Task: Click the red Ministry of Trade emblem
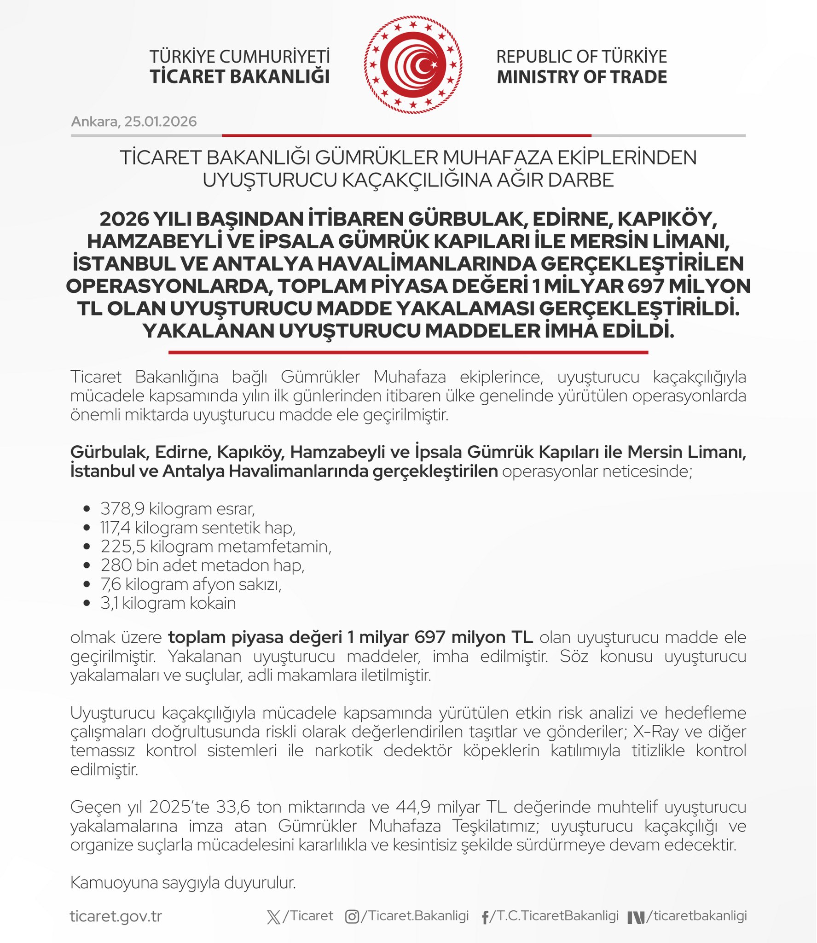click(x=413, y=65)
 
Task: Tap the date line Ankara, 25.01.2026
click(x=134, y=122)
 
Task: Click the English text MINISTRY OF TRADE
click(x=582, y=77)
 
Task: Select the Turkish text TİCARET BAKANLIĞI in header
click(x=239, y=77)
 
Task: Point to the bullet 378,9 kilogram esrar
click(x=178, y=509)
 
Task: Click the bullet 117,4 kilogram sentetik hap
click(x=198, y=528)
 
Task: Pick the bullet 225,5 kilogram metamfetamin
click(x=216, y=547)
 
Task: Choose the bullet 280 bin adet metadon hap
click(x=203, y=565)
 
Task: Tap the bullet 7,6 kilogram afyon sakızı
click(x=191, y=584)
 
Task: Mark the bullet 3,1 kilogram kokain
click(x=168, y=603)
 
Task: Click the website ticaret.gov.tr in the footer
click(x=116, y=916)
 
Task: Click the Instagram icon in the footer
click(x=352, y=917)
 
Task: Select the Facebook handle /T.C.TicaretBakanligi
click(x=554, y=916)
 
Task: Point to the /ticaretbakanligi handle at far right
click(x=696, y=916)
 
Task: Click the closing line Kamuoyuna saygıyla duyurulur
click(x=183, y=883)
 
